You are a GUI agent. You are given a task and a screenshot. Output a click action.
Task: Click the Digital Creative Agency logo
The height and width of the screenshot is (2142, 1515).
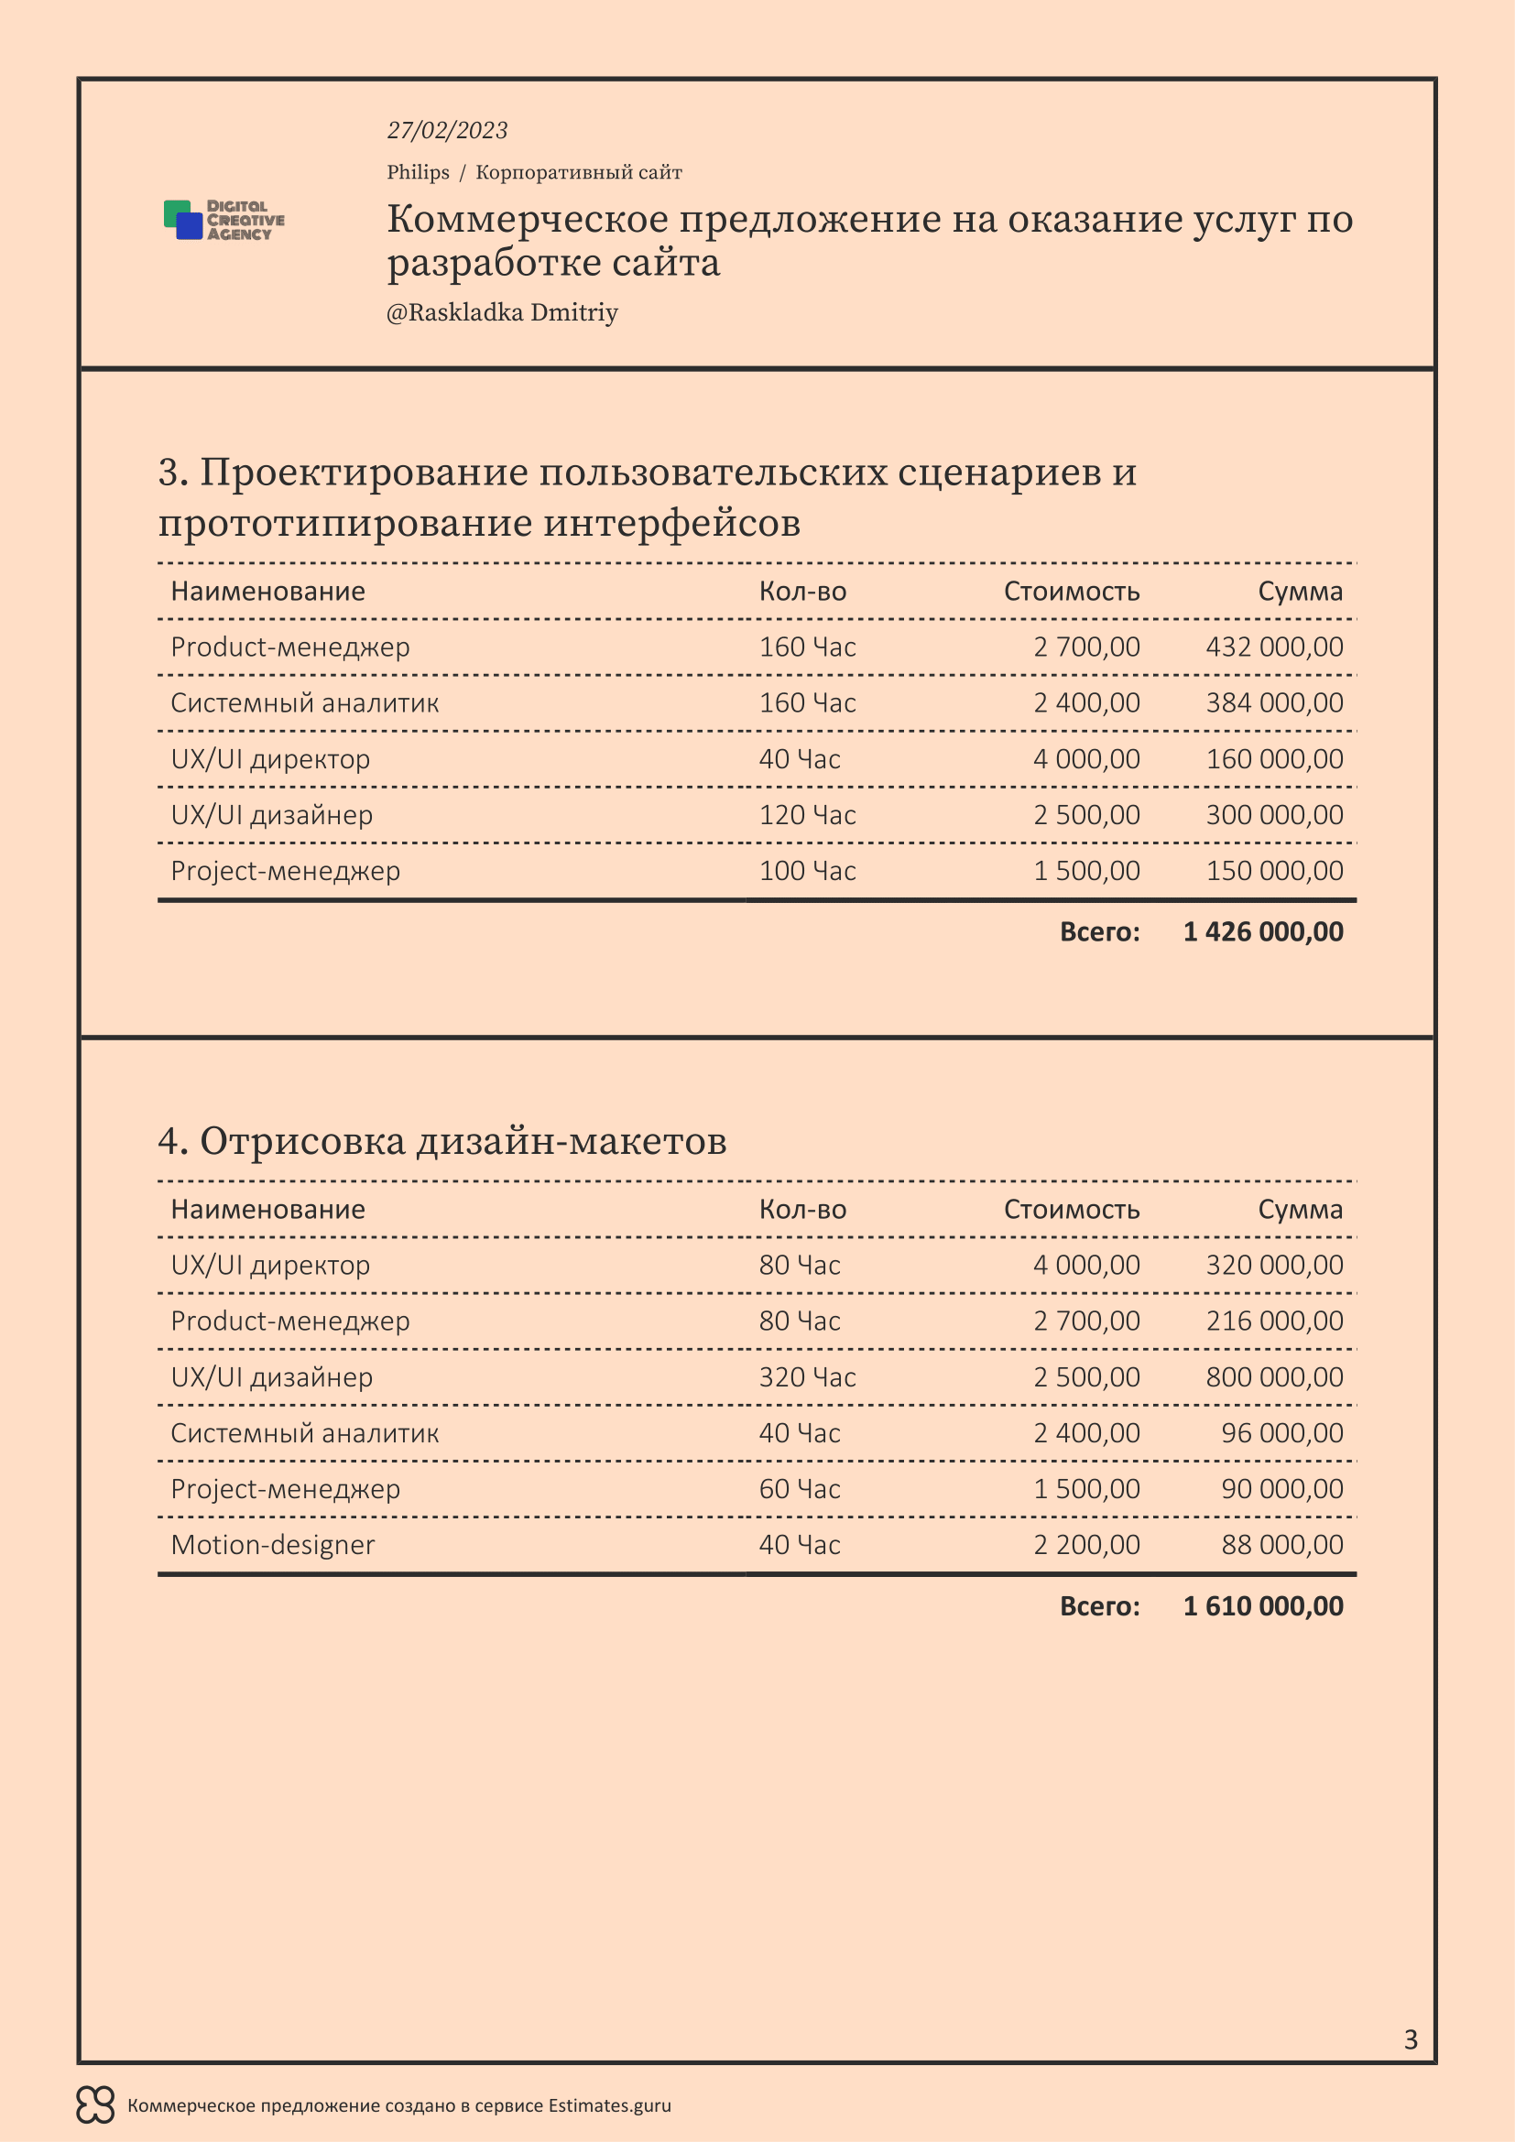point(223,220)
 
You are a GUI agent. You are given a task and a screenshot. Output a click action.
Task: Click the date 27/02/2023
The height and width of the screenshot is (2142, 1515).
point(447,131)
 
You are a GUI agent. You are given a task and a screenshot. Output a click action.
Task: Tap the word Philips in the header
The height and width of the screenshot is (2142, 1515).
point(418,172)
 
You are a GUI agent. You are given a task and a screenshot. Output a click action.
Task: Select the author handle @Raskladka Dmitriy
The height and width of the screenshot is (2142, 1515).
point(502,312)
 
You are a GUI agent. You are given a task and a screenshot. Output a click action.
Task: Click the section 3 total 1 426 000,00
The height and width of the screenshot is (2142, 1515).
point(1263,932)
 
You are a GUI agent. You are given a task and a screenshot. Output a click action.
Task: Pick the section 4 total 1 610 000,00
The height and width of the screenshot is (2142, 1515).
point(1263,1605)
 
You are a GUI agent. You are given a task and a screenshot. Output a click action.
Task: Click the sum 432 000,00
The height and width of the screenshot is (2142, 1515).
point(1274,647)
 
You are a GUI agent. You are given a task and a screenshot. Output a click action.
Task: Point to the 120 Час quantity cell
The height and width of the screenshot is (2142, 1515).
point(807,815)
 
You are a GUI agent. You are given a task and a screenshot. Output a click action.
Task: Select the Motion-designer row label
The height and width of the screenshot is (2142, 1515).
point(272,1545)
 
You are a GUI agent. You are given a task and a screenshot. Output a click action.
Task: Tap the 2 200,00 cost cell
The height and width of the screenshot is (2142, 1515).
point(1086,1545)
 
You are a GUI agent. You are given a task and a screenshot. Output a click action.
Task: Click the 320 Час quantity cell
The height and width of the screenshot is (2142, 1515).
point(807,1377)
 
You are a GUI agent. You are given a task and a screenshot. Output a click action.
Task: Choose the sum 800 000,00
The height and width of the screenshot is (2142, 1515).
point(1274,1377)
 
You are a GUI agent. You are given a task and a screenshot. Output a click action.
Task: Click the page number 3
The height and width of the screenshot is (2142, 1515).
point(1411,2039)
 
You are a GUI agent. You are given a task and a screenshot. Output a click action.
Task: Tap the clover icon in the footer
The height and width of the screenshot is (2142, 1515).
point(95,2104)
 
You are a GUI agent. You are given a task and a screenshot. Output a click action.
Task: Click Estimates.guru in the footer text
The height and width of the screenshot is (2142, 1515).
point(609,2105)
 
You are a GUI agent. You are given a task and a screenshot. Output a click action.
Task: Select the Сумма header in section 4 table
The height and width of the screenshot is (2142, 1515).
point(1300,1209)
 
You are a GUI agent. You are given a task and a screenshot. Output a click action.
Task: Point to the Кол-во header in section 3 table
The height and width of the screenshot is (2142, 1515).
point(802,592)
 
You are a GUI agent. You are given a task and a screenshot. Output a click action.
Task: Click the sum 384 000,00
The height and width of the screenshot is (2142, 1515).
point(1274,703)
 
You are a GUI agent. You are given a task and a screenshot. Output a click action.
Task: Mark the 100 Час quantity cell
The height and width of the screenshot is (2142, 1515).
point(807,871)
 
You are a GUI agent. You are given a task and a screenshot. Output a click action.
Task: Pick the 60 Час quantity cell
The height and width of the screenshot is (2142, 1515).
point(800,1489)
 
